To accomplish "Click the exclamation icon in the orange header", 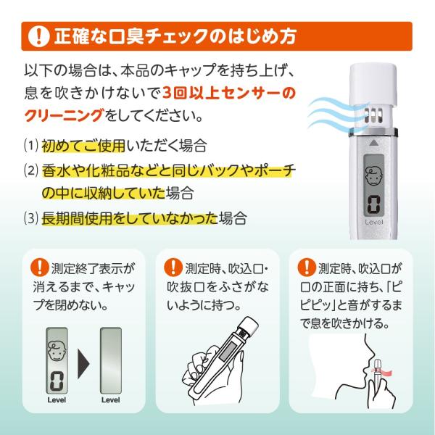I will [x=35, y=36].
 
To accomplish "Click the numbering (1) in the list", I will [x=29, y=145].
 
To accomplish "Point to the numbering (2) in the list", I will [x=29, y=170].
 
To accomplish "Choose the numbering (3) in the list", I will [x=29, y=217].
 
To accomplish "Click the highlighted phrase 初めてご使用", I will [x=84, y=145].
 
